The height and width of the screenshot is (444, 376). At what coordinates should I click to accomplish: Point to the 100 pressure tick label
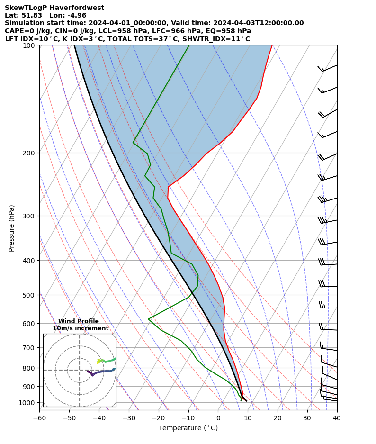click(x=30, y=45)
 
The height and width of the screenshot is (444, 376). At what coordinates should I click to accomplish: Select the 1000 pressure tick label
click(x=28, y=403)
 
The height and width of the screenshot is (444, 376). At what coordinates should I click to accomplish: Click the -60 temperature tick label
click(x=39, y=418)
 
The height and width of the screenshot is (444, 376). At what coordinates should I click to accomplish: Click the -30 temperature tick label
click(x=129, y=418)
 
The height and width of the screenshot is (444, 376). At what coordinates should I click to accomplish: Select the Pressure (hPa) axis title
click(x=12, y=228)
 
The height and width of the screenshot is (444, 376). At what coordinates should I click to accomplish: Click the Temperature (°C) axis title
click(x=188, y=428)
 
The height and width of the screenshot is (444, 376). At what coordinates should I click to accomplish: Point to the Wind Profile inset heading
click(x=79, y=321)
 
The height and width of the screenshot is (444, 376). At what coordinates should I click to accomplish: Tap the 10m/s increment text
click(x=81, y=328)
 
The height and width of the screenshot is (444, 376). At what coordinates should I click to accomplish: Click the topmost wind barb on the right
click(x=327, y=68)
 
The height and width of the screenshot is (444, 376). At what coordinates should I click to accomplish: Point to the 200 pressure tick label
click(x=30, y=153)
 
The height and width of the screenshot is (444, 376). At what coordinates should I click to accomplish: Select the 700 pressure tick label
click(x=30, y=348)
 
